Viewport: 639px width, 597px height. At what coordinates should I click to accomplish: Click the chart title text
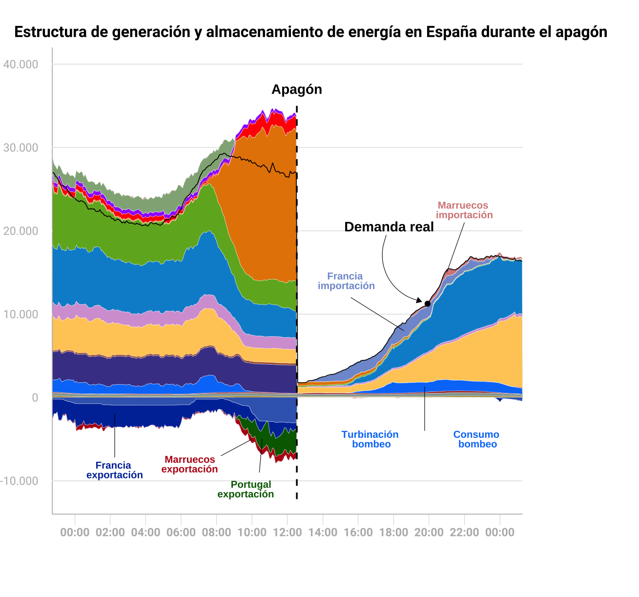tap(310, 32)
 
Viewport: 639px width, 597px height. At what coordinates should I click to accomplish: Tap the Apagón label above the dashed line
tap(297, 90)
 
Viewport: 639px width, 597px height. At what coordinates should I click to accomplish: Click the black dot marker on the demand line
tap(428, 304)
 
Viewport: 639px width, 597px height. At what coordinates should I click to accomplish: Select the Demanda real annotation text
tap(389, 227)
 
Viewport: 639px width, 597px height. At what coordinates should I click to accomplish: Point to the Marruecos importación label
tap(464, 210)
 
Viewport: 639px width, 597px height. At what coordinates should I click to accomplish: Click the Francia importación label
tap(346, 281)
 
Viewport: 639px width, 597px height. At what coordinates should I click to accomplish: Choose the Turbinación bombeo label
tap(371, 439)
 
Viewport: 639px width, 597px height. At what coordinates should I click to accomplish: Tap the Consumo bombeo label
tap(476, 439)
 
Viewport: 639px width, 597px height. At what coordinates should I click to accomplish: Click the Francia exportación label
tap(114, 470)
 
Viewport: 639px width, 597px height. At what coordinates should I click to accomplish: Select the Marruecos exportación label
tap(189, 464)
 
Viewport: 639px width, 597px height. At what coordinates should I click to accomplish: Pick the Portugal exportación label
tap(246, 489)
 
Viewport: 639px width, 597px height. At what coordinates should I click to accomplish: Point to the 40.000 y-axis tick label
tap(21, 64)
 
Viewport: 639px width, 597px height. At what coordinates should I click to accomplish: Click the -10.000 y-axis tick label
tap(20, 481)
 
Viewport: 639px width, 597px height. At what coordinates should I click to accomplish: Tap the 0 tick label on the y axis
tap(35, 398)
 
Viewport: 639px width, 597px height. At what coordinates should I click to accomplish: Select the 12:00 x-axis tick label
tap(287, 533)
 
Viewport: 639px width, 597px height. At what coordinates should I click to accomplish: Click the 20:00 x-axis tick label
tap(429, 533)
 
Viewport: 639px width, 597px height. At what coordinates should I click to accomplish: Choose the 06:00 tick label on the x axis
tap(181, 533)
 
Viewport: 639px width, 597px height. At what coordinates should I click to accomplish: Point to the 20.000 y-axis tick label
tap(21, 231)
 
